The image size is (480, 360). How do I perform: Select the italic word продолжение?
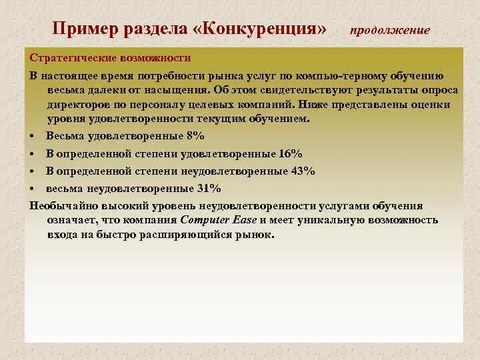(390, 31)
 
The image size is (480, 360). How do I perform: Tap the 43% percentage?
(303, 171)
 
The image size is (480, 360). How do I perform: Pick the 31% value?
(209, 189)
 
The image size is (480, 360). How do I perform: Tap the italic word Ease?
(245, 221)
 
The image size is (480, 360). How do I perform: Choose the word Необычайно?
(62, 205)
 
